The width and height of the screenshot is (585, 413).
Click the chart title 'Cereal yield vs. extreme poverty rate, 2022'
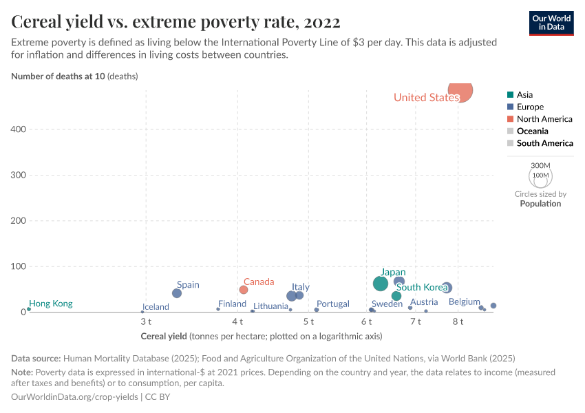[176, 22]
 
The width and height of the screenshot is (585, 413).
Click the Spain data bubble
[177, 293]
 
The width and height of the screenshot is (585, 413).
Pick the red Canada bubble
[244, 290]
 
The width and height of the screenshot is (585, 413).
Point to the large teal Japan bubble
[381, 284]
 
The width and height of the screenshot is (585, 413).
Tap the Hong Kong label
[51, 304]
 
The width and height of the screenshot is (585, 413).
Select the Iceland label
[156, 307]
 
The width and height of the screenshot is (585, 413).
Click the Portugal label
[333, 304]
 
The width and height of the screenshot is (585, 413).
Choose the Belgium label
[464, 301]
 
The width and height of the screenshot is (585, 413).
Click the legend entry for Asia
[524, 95]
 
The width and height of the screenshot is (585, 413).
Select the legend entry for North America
[544, 119]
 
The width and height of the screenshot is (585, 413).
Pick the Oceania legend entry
[532, 131]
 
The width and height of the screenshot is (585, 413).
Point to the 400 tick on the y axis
[18, 129]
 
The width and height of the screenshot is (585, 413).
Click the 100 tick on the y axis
[18, 266]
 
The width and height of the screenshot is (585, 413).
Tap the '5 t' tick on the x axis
[308, 321]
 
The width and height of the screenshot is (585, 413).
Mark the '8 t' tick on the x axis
[458, 321]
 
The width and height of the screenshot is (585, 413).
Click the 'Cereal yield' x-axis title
[163, 336]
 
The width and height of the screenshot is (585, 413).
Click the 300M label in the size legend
[541, 166]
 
